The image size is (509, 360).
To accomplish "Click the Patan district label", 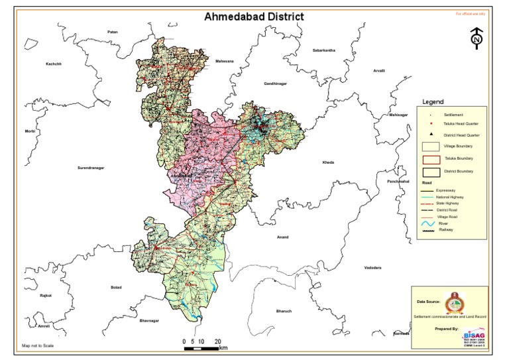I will (x=113, y=32).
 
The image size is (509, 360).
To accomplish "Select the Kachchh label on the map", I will (x=53, y=64).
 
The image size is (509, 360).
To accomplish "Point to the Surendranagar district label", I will (x=91, y=168).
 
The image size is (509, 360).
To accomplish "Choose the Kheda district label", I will (x=328, y=162).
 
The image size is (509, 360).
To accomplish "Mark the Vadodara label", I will (x=373, y=267).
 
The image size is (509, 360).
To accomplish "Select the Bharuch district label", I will (x=284, y=311).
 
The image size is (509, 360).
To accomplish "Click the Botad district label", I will (x=117, y=287).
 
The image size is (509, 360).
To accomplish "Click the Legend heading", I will (x=432, y=102).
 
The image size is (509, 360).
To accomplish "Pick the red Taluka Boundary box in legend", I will (x=431, y=159).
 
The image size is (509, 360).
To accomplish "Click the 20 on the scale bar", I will (x=218, y=341).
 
